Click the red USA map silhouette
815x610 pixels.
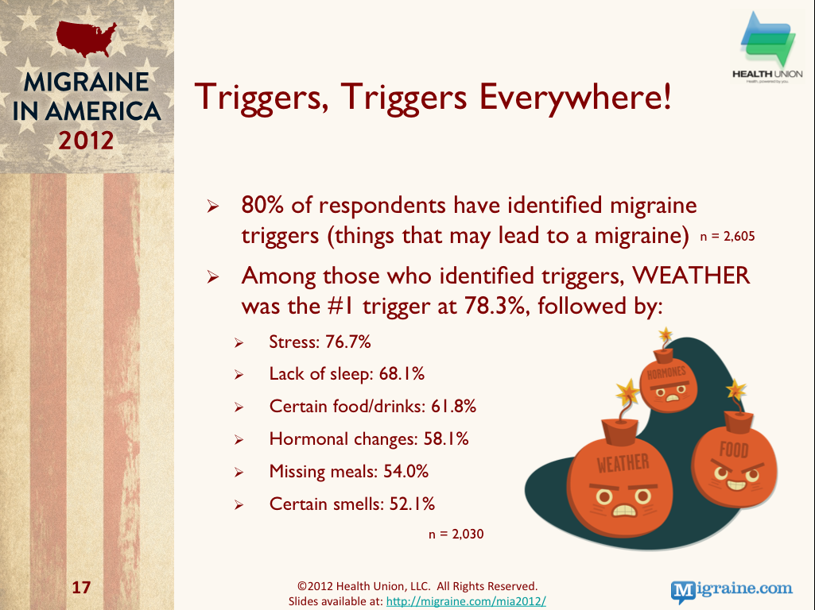pyautogui.click(x=87, y=38)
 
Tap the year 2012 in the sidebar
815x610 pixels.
pyautogui.click(x=86, y=141)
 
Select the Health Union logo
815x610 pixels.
pyautogui.click(x=768, y=48)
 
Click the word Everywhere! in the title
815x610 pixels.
pyautogui.click(x=576, y=97)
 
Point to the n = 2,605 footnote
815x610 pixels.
pyautogui.click(x=728, y=237)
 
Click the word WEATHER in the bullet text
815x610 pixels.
pyautogui.click(x=691, y=275)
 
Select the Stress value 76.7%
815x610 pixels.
pyautogui.click(x=348, y=342)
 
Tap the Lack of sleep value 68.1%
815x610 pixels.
pyautogui.click(x=402, y=374)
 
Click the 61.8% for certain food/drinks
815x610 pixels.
pyautogui.click(x=453, y=406)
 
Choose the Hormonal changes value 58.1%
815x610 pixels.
pyautogui.click(x=446, y=439)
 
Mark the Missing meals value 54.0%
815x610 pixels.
pyautogui.click(x=406, y=471)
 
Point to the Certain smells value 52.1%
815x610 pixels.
pyautogui.click(x=412, y=504)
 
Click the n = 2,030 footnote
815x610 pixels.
pyautogui.click(x=456, y=535)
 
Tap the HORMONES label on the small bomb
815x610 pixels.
pyautogui.click(x=666, y=373)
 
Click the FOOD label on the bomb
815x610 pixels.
pyautogui.click(x=734, y=450)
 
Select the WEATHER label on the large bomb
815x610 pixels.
pyautogui.click(x=623, y=463)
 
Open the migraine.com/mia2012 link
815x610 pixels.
pyautogui.click(x=466, y=601)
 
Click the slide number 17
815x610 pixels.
pyautogui.click(x=81, y=587)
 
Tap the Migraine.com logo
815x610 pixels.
pyautogui.click(x=732, y=590)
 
